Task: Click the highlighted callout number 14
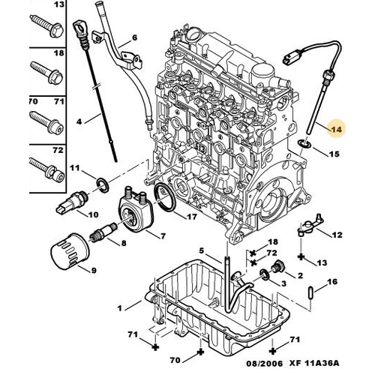335,129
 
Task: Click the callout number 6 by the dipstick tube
135,37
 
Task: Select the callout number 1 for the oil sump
118,307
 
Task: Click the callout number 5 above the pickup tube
202,250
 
